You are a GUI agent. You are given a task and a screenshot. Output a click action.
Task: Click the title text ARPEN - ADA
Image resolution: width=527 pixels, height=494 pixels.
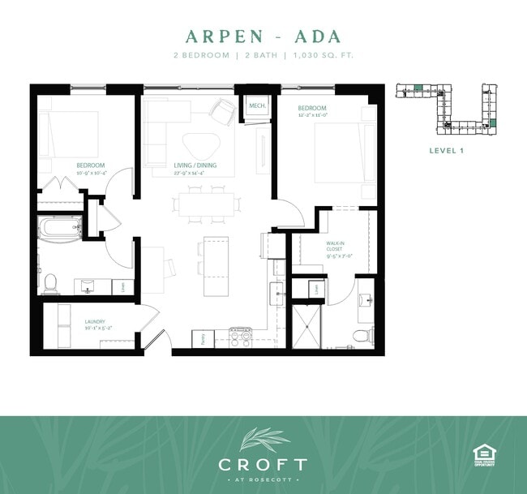pos(263,37)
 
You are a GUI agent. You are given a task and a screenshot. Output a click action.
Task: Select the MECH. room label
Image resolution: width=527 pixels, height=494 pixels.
pos(258,106)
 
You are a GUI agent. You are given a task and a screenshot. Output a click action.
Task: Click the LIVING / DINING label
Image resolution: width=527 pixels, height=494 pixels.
pos(195,167)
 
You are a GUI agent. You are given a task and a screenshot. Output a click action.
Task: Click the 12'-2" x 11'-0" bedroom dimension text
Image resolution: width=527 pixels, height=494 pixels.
pos(312,116)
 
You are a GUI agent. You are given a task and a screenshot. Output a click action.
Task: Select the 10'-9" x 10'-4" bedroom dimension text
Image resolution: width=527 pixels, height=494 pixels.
pos(92,172)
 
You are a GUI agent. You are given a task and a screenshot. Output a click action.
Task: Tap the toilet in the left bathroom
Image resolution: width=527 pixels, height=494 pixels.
pos(50,283)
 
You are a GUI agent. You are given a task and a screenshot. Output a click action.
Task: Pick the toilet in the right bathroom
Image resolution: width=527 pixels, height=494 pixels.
pos(367,334)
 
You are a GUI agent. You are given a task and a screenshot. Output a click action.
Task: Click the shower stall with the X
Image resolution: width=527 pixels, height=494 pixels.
pos(309,329)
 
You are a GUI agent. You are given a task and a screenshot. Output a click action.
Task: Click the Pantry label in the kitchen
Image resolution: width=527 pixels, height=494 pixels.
pos(202,340)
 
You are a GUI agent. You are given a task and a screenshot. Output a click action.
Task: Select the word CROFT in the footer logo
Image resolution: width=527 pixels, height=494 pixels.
pos(263,465)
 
